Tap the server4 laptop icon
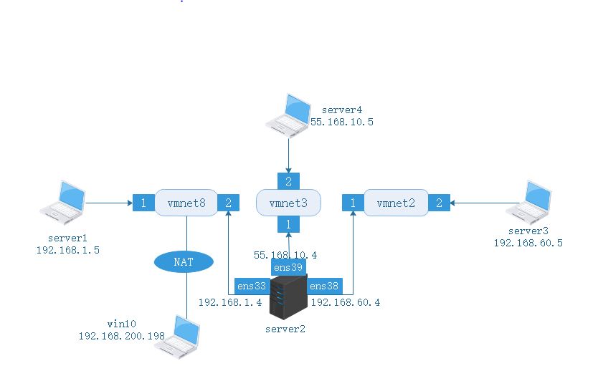click(288, 112)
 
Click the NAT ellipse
click(184, 261)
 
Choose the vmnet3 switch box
click(288, 203)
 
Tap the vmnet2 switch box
click(396, 203)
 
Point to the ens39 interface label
click(288, 267)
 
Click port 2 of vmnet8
click(228, 203)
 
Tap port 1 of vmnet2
click(353, 203)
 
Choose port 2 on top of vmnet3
click(288, 182)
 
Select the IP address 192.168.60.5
click(528, 243)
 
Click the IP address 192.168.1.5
click(68, 250)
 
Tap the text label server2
click(286, 329)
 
